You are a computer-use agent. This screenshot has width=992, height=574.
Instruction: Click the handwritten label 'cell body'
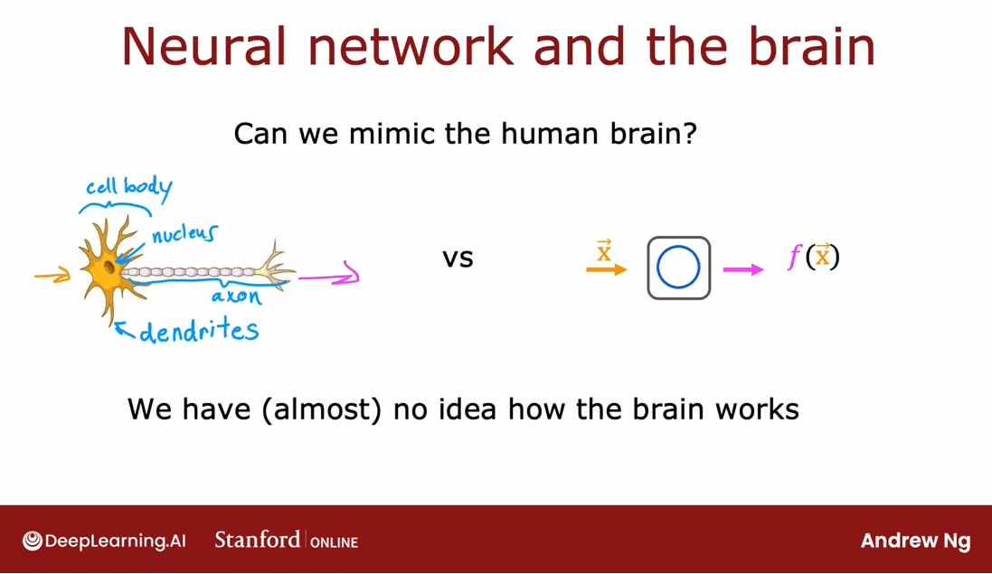(129, 188)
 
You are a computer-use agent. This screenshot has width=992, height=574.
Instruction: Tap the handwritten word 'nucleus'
(184, 234)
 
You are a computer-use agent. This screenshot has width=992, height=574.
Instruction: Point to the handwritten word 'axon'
(236, 296)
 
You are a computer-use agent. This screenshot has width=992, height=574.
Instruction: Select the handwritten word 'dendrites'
(199, 331)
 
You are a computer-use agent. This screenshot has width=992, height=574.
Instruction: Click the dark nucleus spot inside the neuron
(109, 268)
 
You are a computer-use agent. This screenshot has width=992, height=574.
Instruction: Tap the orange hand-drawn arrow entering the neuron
(52, 275)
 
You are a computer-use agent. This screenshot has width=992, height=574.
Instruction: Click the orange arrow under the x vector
(606, 270)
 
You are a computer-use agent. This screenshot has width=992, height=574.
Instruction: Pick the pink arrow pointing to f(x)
(743, 270)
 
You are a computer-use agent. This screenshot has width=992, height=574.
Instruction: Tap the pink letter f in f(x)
(794, 258)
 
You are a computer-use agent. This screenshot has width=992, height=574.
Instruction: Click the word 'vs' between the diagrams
(458, 259)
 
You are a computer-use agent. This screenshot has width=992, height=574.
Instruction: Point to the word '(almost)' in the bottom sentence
(321, 409)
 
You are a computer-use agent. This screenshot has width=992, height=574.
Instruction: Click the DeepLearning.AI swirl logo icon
(33, 541)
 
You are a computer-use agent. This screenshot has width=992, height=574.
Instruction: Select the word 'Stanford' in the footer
(258, 540)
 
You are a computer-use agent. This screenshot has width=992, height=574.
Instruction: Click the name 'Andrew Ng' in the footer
(915, 541)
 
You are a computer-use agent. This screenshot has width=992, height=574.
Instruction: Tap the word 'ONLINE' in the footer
(334, 542)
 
